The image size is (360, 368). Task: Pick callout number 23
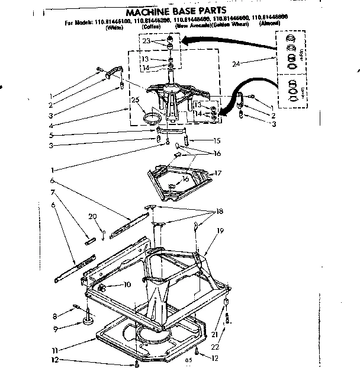(x=146, y=41)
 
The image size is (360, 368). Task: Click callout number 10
(x=127, y=285)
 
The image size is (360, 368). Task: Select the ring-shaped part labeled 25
(x=153, y=118)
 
